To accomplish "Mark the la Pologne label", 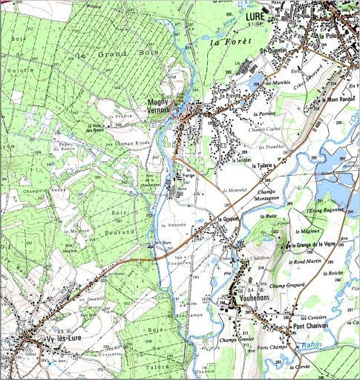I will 330,35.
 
